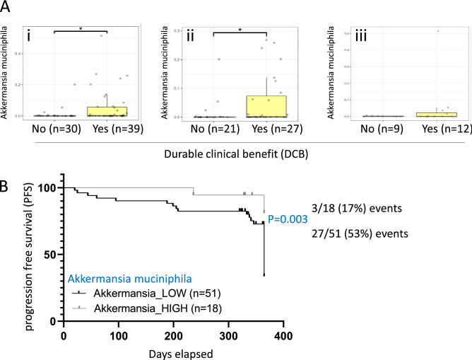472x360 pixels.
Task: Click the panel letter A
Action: click(x=7, y=8)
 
